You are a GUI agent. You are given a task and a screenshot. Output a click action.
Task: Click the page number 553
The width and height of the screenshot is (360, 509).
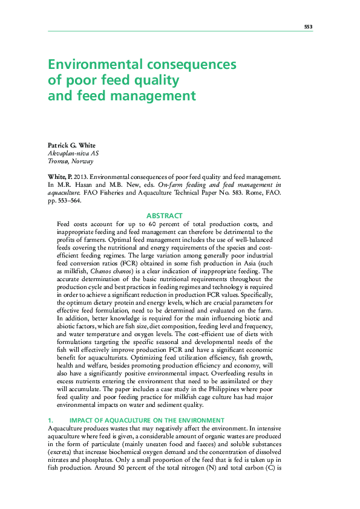click(307, 27)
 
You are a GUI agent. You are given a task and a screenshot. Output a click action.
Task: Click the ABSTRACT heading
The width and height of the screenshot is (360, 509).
click(165, 216)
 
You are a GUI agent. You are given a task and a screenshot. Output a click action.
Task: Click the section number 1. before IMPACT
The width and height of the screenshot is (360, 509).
click(51, 420)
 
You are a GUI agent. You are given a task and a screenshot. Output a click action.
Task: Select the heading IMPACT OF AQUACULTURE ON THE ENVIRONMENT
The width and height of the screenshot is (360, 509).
click(147, 420)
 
